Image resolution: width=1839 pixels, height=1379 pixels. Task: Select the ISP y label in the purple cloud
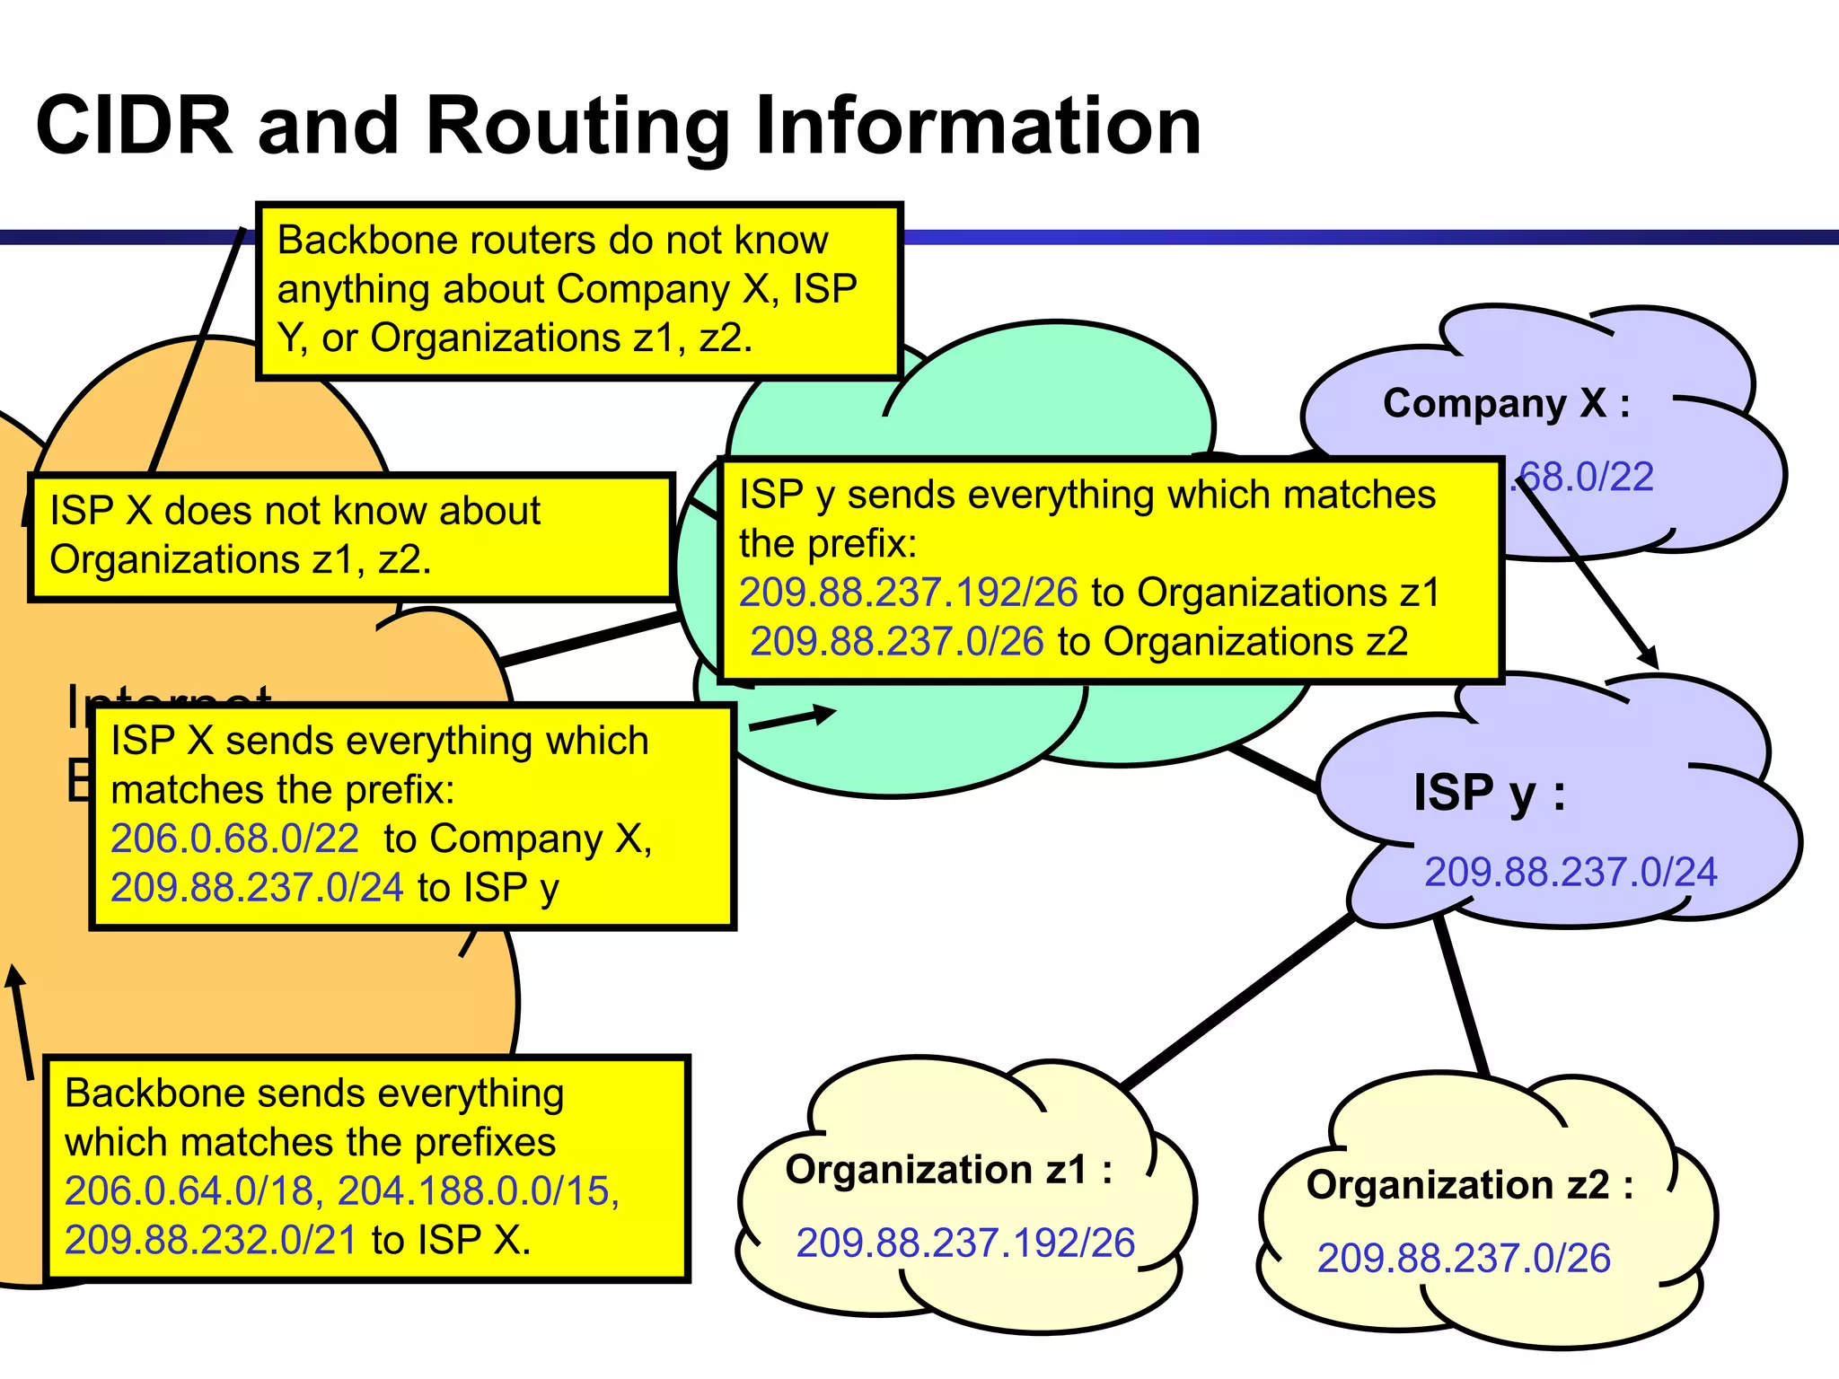click(x=1489, y=793)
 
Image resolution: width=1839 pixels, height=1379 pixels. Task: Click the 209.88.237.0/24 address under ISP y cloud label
click(x=1571, y=872)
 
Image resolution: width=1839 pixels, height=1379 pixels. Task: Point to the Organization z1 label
click(x=948, y=1170)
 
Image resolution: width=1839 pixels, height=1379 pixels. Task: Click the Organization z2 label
click(x=1469, y=1185)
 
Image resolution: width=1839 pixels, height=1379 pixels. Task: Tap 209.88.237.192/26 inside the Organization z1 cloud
click(x=965, y=1243)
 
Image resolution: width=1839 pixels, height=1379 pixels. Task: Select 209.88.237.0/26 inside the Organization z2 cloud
click(x=1464, y=1259)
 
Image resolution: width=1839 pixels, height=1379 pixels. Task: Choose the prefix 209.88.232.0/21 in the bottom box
click(x=211, y=1241)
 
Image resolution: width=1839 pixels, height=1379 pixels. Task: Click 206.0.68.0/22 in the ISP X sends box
click(x=234, y=839)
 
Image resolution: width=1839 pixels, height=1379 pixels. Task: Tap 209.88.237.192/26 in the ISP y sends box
click(x=908, y=593)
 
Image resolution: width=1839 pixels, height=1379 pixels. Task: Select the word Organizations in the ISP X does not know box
click(x=174, y=559)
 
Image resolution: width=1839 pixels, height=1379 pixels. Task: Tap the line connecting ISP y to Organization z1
click(x=1239, y=1001)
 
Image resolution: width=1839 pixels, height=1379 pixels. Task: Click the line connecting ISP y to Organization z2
click(x=1462, y=997)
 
